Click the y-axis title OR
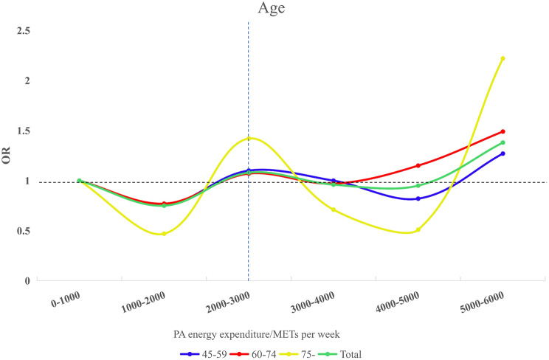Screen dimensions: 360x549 [x=8, y=155]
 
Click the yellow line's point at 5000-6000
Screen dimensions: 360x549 [x=503, y=58]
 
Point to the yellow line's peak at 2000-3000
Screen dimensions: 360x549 [x=249, y=139]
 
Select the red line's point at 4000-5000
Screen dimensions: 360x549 [x=418, y=165]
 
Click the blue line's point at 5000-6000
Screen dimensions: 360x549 [x=503, y=153]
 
